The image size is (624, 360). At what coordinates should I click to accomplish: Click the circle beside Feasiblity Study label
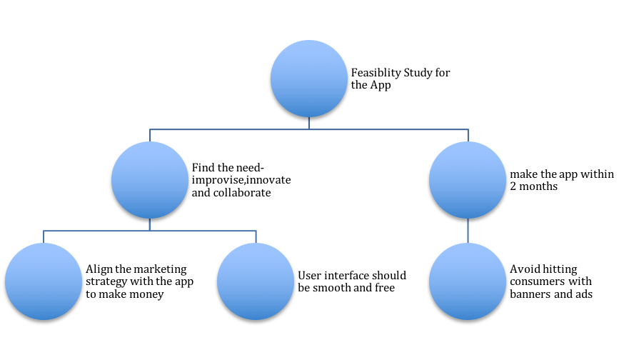309,79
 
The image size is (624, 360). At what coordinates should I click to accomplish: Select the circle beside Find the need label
150,180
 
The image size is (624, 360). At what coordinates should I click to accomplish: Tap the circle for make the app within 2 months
468,180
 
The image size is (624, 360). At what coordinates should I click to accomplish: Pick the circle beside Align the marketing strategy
44,281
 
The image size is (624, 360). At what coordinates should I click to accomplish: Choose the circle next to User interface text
256,281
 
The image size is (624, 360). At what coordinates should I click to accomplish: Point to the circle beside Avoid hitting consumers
468,281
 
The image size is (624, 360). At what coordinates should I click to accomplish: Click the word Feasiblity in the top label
376,73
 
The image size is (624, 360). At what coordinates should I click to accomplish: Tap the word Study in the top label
418,73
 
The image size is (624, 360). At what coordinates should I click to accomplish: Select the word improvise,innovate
241,181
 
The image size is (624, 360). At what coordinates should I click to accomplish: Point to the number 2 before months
513,186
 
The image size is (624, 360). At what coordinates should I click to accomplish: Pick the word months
538,186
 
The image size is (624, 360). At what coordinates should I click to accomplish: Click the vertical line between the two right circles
468,231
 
